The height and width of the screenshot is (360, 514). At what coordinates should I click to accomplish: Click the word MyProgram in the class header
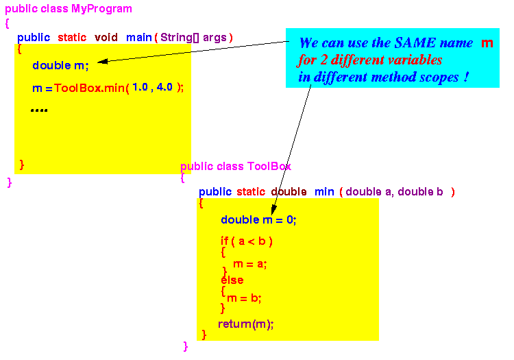pos(101,9)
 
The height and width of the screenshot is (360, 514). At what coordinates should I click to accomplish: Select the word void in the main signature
pos(106,38)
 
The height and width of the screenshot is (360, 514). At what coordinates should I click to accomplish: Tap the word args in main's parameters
pos(215,38)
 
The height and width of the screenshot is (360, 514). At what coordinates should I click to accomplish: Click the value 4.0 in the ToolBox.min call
pos(164,87)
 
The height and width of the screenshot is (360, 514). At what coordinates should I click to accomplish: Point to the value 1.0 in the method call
pos(140,87)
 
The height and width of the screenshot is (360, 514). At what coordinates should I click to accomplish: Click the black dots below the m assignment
pos(39,110)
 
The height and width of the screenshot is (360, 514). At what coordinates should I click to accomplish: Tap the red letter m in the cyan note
pos(487,43)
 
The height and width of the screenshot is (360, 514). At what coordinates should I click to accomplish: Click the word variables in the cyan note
pos(415,60)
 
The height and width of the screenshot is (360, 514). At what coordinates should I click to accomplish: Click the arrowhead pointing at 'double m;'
pos(102,61)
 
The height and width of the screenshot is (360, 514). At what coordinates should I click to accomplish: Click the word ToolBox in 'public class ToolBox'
pos(269,166)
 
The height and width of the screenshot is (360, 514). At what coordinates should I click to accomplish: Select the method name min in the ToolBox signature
pos(324,192)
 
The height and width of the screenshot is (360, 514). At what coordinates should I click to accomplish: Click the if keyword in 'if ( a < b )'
pos(224,241)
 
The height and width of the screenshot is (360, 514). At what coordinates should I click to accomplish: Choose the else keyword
pos(232,280)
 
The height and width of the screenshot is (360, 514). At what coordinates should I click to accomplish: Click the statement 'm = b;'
pos(244,298)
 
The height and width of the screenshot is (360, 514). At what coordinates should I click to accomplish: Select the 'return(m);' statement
pos(246,324)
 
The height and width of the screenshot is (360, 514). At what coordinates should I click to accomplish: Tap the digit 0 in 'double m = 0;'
pos(290,219)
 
